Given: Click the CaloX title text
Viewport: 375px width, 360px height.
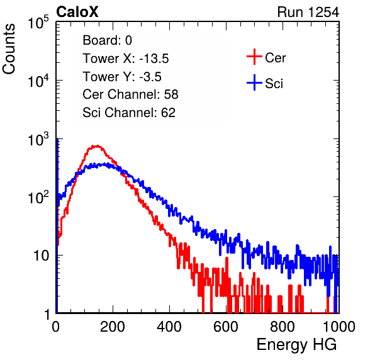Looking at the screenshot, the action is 77,12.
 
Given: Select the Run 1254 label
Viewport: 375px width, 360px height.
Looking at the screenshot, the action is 308,12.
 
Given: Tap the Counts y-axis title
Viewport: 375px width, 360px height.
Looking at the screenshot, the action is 9,49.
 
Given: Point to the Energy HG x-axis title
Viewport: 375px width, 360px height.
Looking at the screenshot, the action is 296,345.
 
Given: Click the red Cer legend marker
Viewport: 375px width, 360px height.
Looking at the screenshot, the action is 254,57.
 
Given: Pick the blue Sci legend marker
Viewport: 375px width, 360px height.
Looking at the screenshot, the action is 254,82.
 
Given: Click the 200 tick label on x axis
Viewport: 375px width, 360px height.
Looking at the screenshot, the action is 113,327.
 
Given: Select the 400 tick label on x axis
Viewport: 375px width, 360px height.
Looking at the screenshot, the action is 169,327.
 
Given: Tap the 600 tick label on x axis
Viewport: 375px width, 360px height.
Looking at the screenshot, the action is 226,327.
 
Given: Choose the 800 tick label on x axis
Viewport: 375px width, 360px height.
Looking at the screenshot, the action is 283,327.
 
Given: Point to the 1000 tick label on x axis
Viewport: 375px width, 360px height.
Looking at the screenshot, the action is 339,327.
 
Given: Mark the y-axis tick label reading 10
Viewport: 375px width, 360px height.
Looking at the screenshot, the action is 42,256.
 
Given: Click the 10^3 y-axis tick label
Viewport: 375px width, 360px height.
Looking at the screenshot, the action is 38,139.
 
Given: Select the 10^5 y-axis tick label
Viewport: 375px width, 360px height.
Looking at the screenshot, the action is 38,22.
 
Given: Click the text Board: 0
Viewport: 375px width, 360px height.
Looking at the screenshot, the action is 107,40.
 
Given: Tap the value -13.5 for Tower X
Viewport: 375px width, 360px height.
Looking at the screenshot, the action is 154,59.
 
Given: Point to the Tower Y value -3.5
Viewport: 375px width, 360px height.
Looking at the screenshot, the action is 150,77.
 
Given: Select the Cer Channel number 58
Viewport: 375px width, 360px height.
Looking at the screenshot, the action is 171,94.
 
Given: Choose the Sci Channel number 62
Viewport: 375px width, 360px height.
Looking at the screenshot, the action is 168,113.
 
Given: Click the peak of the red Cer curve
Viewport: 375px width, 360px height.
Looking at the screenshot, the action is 97,145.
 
